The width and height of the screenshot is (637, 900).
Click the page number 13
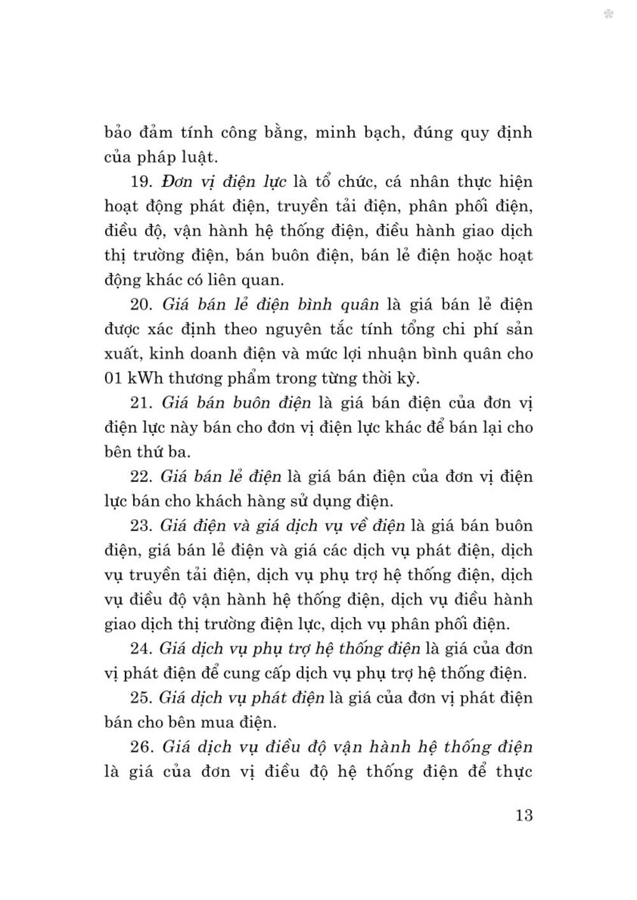[524, 815]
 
